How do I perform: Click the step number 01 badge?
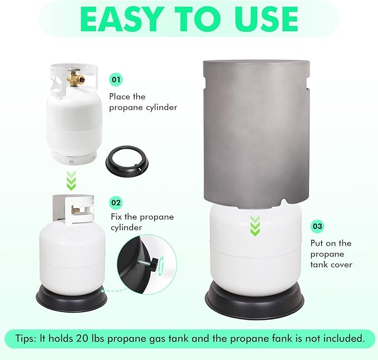click(x=116, y=79)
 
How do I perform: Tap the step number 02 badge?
click(x=116, y=202)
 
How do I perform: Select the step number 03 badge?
click(x=317, y=226)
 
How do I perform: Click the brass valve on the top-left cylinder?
click(x=76, y=78)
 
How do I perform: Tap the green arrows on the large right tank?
click(x=255, y=226)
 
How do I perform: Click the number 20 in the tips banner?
click(x=82, y=338)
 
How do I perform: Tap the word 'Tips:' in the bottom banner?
click(x=26, y=338)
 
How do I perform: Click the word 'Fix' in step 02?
click(x=116, y=217)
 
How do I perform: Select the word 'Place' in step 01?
click(x=120, y=96)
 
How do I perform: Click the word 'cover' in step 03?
click(x=341, y=265)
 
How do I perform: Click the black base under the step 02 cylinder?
click(x=71, y=299)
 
